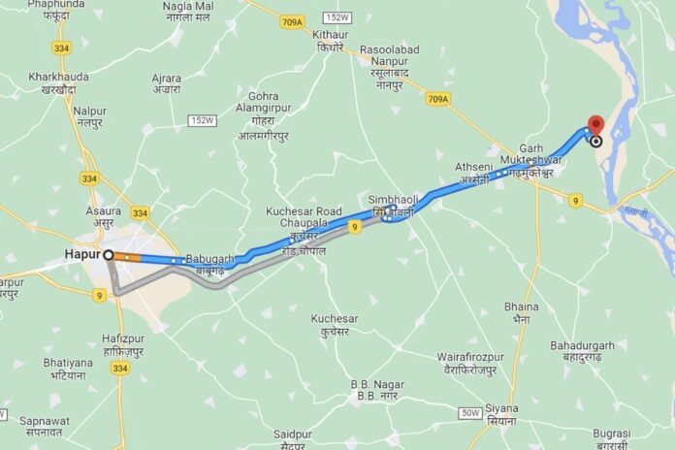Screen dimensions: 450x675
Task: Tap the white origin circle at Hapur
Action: [109, 255]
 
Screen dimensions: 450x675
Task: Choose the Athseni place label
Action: [474, 173]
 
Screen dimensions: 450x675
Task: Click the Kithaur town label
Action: [330, 41]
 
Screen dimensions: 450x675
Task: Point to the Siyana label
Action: [502, 414]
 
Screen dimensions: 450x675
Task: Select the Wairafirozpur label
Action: [470, 363]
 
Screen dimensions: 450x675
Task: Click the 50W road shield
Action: [470, 414]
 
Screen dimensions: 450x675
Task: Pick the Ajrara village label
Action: [166, 83]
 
